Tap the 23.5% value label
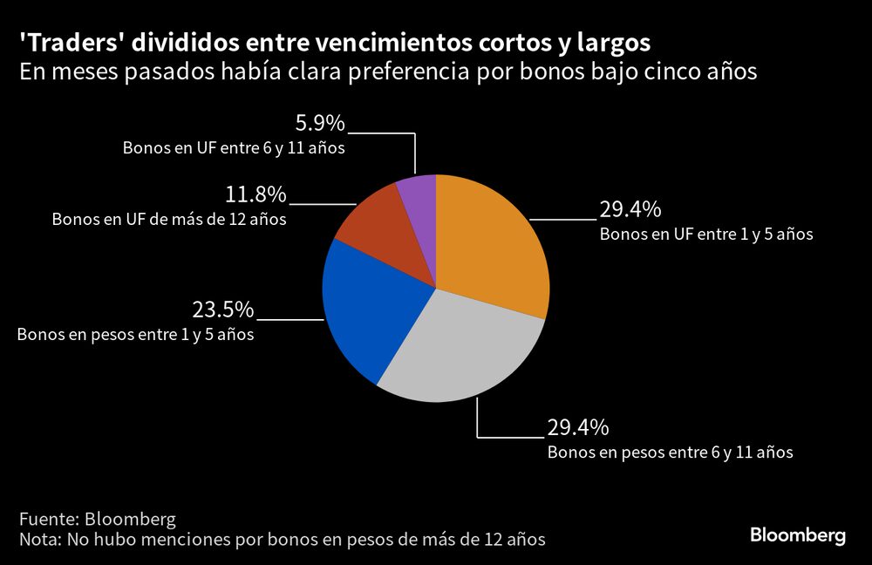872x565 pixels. click(222, 310)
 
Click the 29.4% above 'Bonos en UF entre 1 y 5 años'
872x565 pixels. click(630, 209)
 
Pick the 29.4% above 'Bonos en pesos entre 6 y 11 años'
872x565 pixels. click(577, 427)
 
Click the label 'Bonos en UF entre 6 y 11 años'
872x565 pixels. click(234, 148)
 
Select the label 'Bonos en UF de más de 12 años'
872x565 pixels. click(169, 219)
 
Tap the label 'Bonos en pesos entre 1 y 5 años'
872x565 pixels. click(136, 334)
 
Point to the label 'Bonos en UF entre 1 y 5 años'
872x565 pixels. click(705, 234)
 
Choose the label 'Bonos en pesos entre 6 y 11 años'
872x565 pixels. click(670, 453)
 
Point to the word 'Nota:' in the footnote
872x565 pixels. click(39, 540)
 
